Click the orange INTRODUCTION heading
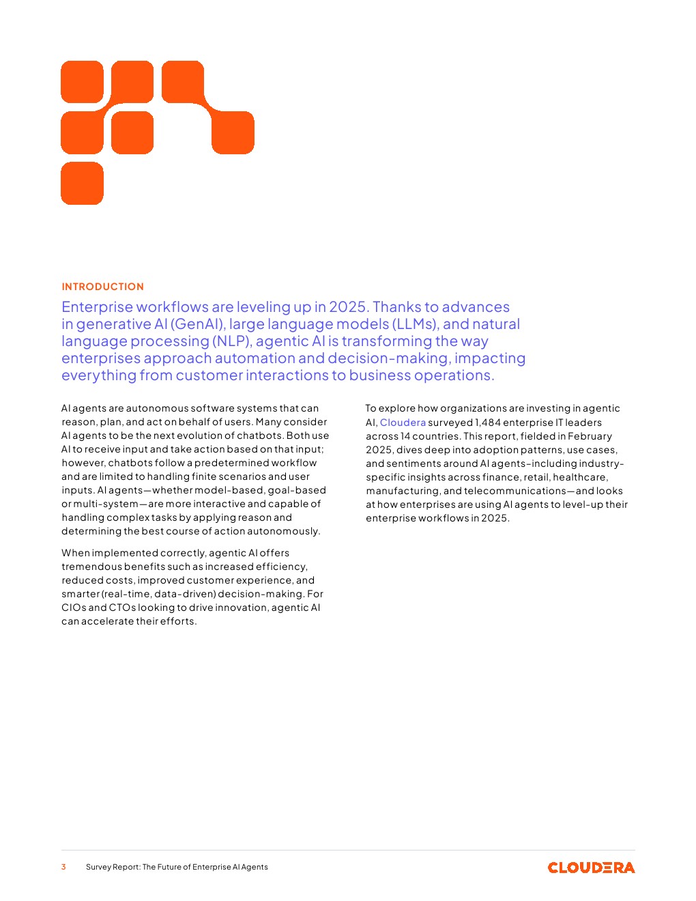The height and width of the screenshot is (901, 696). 102,287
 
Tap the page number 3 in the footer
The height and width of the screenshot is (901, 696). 63,867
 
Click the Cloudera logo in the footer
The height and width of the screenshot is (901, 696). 591,868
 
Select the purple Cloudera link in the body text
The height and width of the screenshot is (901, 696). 403,423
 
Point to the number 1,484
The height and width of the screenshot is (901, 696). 488,423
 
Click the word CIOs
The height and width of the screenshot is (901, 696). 73,607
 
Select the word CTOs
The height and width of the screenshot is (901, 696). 122,607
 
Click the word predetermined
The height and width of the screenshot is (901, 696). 233,463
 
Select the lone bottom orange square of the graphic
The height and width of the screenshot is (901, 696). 82,183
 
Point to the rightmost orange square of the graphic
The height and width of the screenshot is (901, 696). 233,132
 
